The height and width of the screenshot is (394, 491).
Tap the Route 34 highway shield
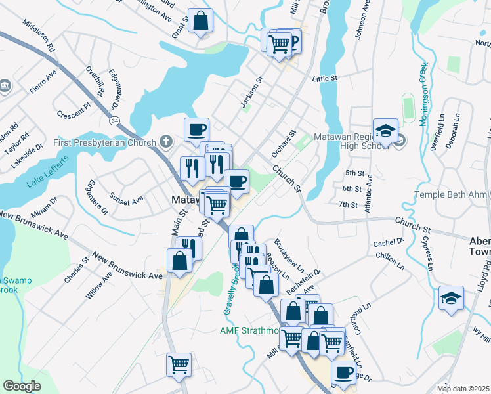click(115, 121)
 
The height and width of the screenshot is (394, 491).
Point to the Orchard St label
click(285, 143)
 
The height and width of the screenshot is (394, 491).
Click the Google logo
click(22, 386)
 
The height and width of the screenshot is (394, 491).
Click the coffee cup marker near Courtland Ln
click(343, 372)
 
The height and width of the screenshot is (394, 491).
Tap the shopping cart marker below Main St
click(179, 363)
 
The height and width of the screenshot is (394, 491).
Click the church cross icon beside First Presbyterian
click(167, 142)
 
